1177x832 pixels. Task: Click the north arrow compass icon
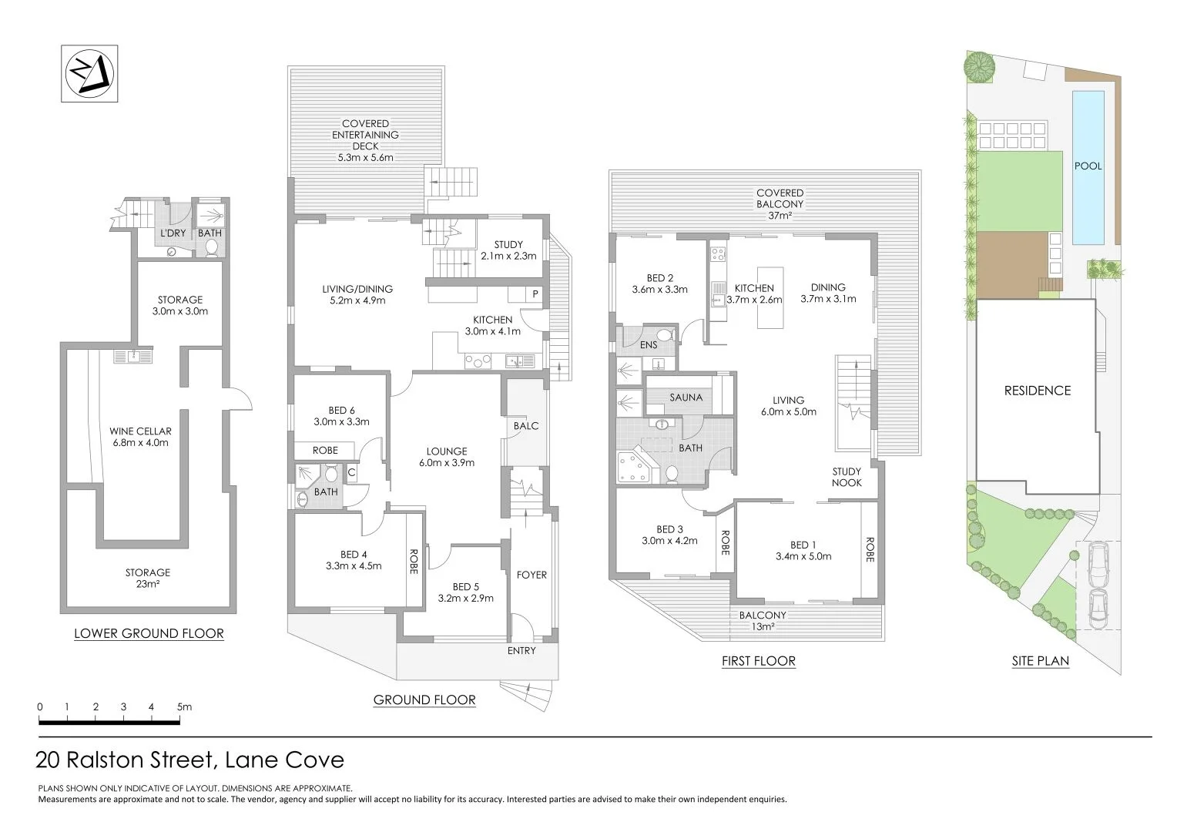click(x=89, y=73)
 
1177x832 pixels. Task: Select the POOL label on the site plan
click(x=1088, y=166)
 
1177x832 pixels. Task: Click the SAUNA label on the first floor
click(x=686, y=398)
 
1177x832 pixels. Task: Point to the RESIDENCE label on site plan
click(x=1037, y=391)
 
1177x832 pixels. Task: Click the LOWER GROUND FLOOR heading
click(x=149, y=634)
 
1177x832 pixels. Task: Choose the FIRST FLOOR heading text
click(x=758, y=661)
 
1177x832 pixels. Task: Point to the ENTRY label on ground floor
click(x=521, y=650)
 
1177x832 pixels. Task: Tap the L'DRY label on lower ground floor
click(x=173, y=233)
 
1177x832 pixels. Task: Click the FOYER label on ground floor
click(x=531, y=575)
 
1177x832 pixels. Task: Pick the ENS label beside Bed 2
click(x=649, y=344)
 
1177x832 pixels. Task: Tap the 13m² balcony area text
click(x=763, y=627)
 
